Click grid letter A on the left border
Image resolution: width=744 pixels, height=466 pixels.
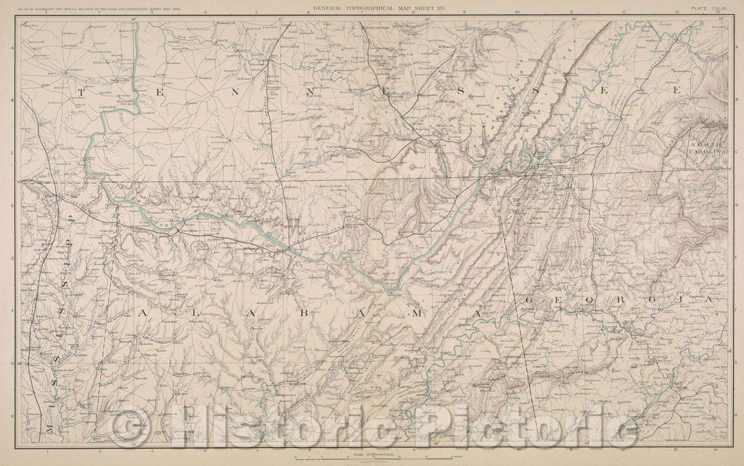(x=15, y=45)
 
